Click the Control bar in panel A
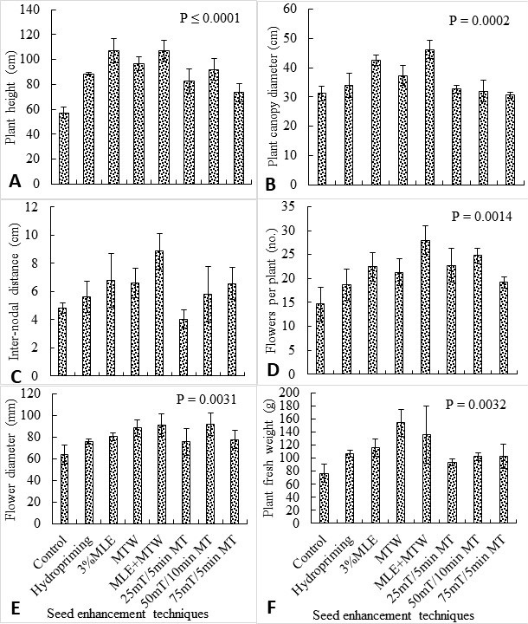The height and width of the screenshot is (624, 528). tap(64, 148)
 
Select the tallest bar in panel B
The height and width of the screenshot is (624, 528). tap(429, 117)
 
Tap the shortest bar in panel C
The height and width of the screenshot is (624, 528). tap(183, 347)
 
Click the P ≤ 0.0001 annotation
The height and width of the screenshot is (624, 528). tap(210, 18)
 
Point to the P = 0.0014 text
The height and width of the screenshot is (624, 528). tap(482, 216)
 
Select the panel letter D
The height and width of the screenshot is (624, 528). tap(273, 370)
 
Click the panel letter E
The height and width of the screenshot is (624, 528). tap(15, 608)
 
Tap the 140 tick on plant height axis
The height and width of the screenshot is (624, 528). tap(30, 10)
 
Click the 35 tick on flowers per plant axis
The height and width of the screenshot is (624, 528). tap(290, 206)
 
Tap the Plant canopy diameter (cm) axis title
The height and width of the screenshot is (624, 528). tap(273, 96)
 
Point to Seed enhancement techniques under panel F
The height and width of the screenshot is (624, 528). tap(393, 614)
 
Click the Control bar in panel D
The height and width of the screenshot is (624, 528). tap(320, 338)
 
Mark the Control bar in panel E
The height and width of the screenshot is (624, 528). tap(64, 489)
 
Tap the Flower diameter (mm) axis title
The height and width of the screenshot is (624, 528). tap(11, 458)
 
